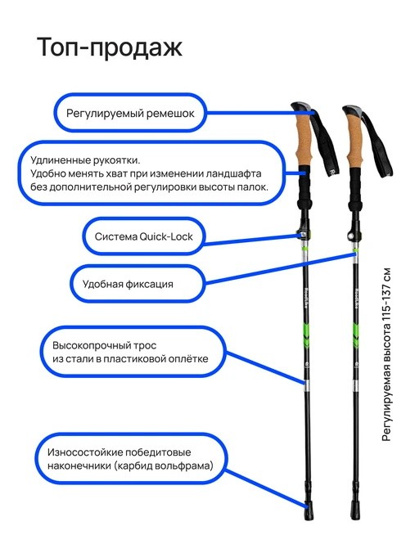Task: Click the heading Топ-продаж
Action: [110, 47]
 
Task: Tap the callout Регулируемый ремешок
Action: [130, 113]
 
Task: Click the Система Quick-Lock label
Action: [143, 236]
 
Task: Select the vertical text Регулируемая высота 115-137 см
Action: [387, 354]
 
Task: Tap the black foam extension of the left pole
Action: [304, 187]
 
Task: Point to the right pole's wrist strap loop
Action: [377, 145]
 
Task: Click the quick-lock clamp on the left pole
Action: [304, 233]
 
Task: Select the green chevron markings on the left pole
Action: [305, 335]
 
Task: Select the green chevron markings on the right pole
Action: [355, 335]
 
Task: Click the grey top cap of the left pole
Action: [300, 107]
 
